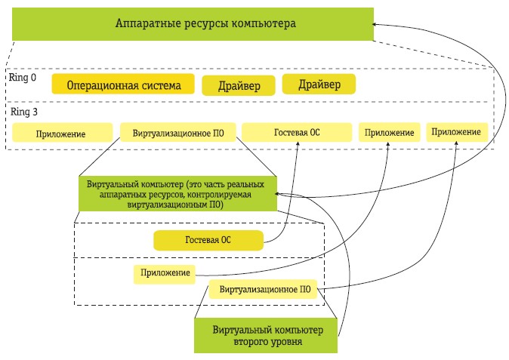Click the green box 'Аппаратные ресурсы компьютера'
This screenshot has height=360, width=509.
[193, 24]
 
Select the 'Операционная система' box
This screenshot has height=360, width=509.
[123, 85]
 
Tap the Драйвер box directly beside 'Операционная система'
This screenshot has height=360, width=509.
[239, 86]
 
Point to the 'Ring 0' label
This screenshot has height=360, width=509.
[23, 77]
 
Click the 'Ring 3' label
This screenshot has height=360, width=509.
[23, 111]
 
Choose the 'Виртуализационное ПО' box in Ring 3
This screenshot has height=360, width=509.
[178, 133]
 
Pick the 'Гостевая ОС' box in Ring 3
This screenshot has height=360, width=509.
[297, 132]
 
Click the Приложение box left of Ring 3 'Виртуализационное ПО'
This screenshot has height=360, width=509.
[60, 134]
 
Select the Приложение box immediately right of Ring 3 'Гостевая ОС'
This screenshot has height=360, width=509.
[390, 133]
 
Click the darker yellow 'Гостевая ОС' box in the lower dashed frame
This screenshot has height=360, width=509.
[208, 242]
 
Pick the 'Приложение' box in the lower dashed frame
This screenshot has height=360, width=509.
[162, 273]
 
